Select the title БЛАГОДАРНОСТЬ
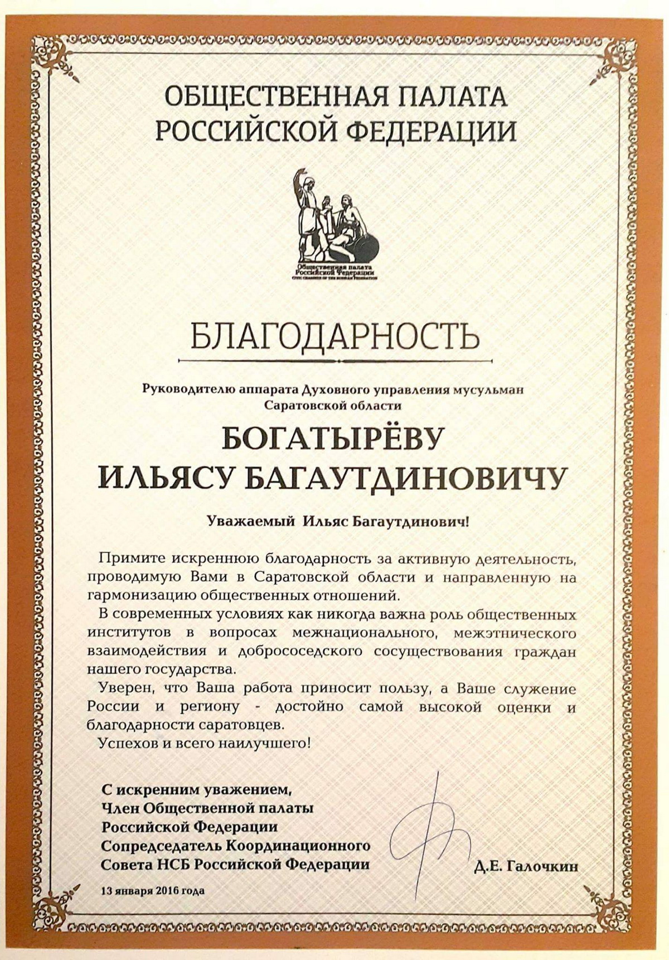pyautogui.click(x=334, y=335)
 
